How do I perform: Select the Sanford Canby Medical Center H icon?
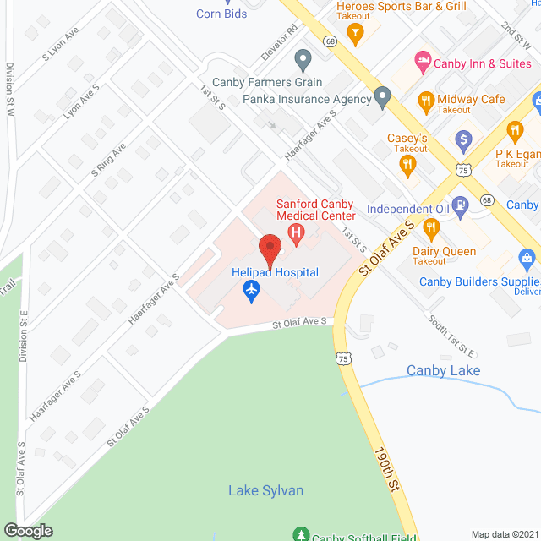[x=296, y=232]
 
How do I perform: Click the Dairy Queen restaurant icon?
[x=430, y=228]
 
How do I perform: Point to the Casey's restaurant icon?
[x=410, y=166]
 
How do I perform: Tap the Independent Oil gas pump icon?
[x=460, y=205]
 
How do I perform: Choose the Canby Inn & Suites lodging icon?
[x=420, y=62]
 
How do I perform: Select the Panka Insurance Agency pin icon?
[x=382, y=99]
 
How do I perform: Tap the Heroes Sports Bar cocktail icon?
[x=355, y=34]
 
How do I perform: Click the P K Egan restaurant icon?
[x=513, y=131]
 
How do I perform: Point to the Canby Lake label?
[x=443, y=370]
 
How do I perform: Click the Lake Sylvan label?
[x=265, y=490]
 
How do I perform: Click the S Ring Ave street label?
[x=108, y=161]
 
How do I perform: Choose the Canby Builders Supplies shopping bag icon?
[x=527, y=258]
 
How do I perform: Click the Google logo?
[x=27, y=530]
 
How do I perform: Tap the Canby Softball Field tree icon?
[x=299, y=535]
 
